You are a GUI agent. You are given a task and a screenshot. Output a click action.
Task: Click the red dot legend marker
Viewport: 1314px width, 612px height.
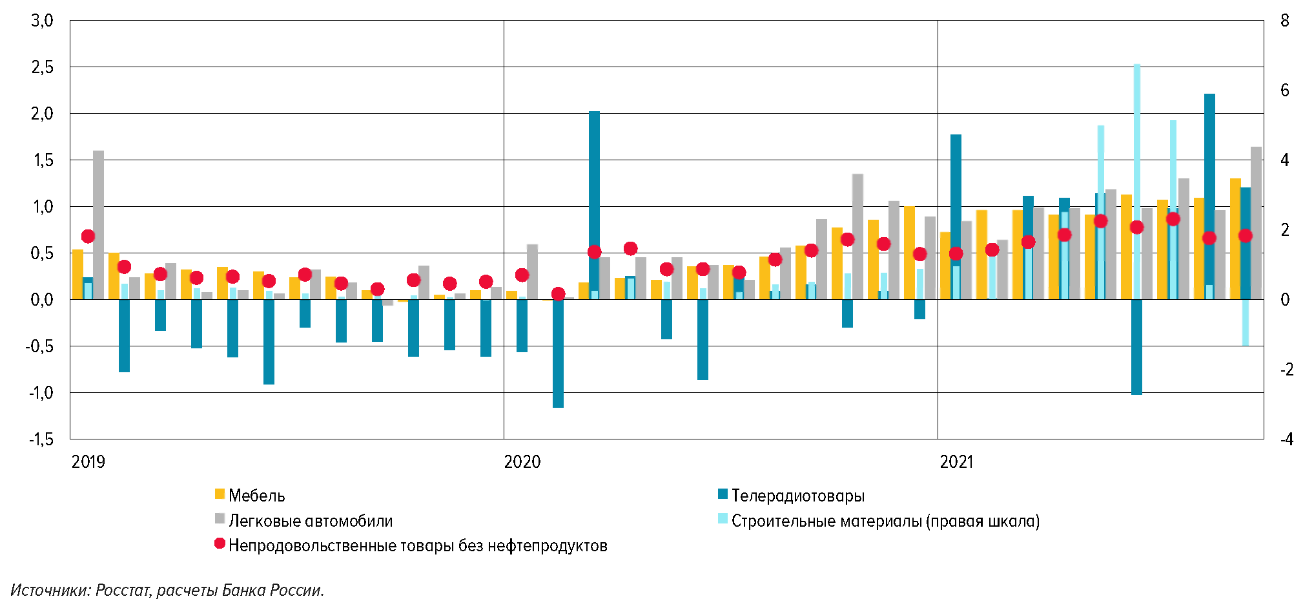[220, 544]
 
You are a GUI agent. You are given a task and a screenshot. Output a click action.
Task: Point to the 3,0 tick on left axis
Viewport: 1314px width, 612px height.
[42, 21]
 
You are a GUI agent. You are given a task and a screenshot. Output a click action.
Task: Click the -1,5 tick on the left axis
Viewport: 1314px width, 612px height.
[41, 439]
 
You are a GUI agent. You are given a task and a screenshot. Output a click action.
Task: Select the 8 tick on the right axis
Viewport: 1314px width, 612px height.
[1284, 21]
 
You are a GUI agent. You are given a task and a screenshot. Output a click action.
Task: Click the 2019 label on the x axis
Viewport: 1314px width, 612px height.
[88, 461]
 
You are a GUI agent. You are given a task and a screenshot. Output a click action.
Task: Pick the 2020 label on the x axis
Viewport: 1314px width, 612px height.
[522, 461]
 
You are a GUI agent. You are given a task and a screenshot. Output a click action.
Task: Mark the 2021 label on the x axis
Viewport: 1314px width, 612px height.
[956, 461]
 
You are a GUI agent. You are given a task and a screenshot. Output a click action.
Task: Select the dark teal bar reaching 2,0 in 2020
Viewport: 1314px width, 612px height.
[594, 194]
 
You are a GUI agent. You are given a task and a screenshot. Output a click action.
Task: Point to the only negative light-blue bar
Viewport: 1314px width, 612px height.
[1246, 323]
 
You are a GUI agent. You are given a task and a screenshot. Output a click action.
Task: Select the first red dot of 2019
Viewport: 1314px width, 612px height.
[88, 237]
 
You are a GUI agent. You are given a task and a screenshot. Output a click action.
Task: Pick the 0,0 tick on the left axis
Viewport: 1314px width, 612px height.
[42, 300]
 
